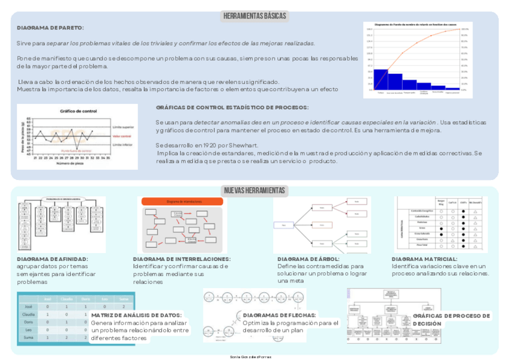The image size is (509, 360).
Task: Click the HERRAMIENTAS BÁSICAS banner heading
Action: click(x=254, y=16)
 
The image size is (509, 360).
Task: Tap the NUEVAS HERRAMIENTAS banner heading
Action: click(x=254, y=191)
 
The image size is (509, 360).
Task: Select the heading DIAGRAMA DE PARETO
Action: click(x=50, y=28)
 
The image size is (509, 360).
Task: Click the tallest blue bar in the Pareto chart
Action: click(x=381, y=79)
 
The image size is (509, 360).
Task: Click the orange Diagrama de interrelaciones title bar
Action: click(x=182, y=202)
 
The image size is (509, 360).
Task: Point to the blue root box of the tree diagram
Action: click(x=283, y=226)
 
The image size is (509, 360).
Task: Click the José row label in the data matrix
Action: click(x=27, y=306)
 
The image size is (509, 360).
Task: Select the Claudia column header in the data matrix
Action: click(x=67, y=299)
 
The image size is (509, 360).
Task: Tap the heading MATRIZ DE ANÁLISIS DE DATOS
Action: click(x=136, y=315)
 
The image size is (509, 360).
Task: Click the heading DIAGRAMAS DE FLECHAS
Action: click(x=279, y=315)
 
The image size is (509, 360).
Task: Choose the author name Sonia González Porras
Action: click(x=254, y=356)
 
